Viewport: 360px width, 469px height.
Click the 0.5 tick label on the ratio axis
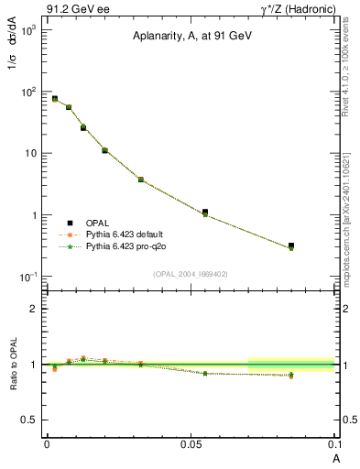click(29, 420)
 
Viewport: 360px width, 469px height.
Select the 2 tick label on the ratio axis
click(33, 309)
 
